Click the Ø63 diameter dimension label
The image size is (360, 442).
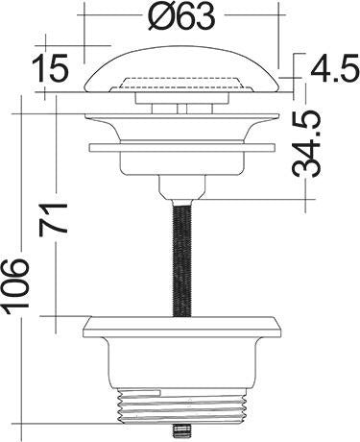point(181,16)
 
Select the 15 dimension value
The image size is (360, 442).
point(51,68)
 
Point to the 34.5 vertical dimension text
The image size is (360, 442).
point(306,143)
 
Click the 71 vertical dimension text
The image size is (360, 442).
point(53,219)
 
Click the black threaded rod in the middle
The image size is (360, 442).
point(182,258)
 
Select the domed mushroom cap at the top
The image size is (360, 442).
point(182,69)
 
